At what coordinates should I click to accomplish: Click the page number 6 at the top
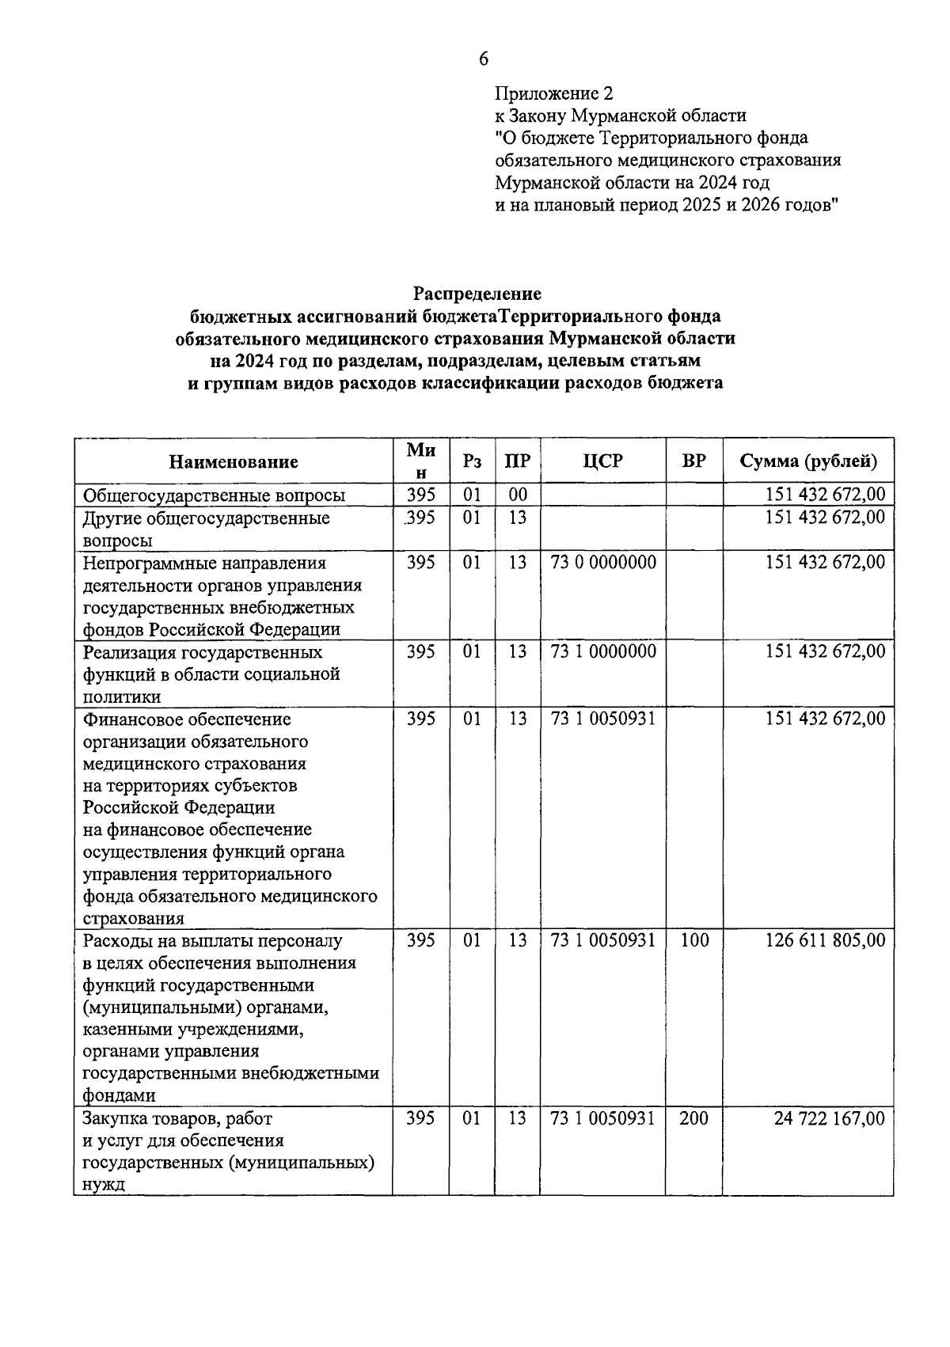pyautogui.click(x=484, y=59)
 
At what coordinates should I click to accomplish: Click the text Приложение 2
pyautogui.click(x=553, y=93)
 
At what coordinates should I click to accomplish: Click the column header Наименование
pyautogui.click(x=234, y=461)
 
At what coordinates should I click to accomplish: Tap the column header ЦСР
pyautogui.click(x=602, y=461)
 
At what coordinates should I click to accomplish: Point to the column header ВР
pyautogui.click(x=693, y=461)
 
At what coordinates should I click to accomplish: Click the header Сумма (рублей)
pyautogui.click(x=808, y=461)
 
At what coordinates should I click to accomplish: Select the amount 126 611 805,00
pyautogui.click(x=825, y=940)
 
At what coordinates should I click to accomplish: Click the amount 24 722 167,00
pyautogui.click(x=829, y=1118)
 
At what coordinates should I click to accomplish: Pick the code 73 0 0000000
pyautogui.click(x=603, y=563)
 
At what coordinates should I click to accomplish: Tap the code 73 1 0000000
pyautogui.click(x=603, y=651)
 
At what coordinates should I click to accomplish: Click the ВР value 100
pyautogui.click(x=694, y=940)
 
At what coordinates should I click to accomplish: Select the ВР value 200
pyautogui.click(x=694, y=1118)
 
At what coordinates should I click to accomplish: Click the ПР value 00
pyautogui.click(x=518, y=495)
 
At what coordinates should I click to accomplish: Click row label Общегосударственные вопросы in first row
pyautogui.click(x=215, y=496)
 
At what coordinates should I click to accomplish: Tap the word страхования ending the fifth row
pyautogui.click(x=133, y=919)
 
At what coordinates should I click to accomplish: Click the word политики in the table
pyautogui.click(x=122, y=697)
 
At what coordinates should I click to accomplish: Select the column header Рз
pyautogui.click(x=472, y=461)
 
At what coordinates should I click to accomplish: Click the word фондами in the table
pyautogui.click(x=119, y=1096)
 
